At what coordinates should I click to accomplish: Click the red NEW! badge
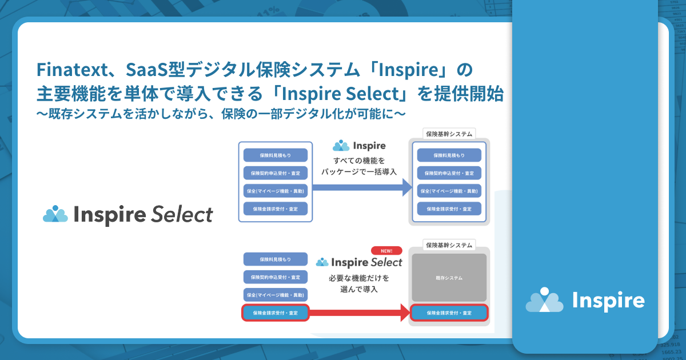[x=386, y=250]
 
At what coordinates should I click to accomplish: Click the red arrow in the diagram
[x=360, y=313]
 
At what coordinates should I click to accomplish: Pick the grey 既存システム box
[x=449, y=278]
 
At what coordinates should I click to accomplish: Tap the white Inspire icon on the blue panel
[x=545, y=300]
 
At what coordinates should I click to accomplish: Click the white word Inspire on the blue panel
[x=608, y=301]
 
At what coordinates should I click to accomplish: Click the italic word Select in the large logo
[x=182, y=215]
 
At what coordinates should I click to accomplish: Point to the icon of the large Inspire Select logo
[x=55, y=214]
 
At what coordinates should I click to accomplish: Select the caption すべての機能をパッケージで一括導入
[x=358, y=166]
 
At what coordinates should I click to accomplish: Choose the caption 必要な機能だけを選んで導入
[x=358, y=284]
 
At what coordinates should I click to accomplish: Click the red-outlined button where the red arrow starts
[x=276, y=313]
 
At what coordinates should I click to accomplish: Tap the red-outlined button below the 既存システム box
[x=449, y=313]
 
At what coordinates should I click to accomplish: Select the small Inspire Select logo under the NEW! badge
[x=359, y=262]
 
